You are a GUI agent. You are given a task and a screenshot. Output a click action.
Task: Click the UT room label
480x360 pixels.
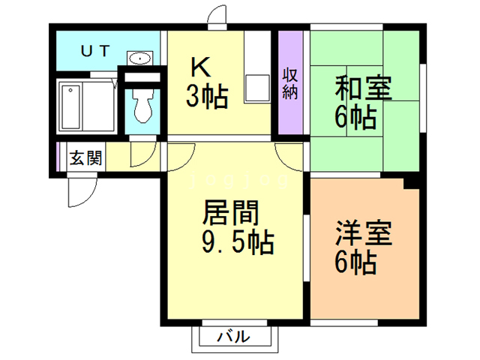96,50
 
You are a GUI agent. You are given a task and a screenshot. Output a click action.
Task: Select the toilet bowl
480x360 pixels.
141,107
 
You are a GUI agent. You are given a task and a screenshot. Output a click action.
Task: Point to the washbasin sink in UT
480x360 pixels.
139,59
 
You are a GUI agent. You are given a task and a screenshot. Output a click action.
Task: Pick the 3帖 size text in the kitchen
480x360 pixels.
208,97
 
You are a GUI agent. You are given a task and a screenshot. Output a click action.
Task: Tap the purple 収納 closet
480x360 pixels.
289,82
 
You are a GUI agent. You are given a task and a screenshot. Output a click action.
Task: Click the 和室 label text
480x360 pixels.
362,88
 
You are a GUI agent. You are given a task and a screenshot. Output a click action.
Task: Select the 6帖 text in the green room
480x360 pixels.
356,118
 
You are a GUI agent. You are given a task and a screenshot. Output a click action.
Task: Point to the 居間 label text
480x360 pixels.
230,214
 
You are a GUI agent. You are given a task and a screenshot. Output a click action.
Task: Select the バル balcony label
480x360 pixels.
232,337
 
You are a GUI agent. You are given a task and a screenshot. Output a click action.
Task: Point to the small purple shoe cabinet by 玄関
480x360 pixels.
58,157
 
